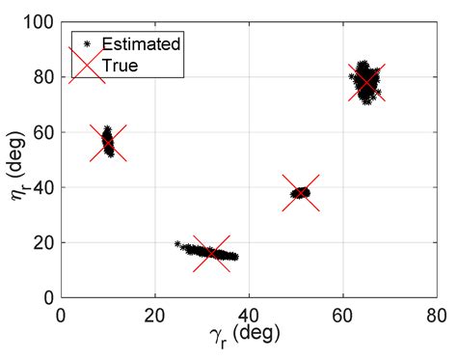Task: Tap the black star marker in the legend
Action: [x=88, y=43]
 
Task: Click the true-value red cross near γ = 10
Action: [x=108, y=143]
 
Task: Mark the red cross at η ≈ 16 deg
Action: [x=211, y=254]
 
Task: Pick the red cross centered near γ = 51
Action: [x=301, y=192]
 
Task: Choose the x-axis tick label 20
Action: [x=155, y=315]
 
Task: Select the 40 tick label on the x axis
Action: [x=249, y=315]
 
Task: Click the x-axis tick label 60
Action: [x=343, y=315]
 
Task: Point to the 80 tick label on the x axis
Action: [x=437, y=315]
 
